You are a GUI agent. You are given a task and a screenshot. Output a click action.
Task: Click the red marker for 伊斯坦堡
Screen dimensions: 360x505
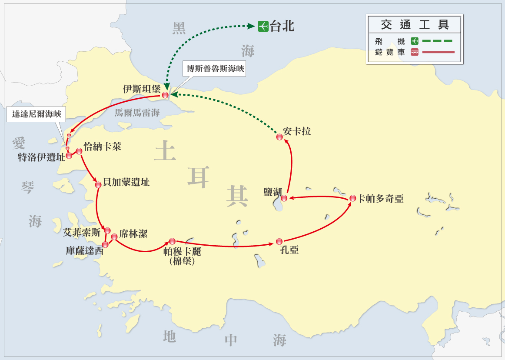165,95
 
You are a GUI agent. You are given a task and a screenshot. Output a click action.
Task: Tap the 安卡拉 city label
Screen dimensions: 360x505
297,131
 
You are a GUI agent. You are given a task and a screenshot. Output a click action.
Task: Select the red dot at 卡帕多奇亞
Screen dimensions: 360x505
353,198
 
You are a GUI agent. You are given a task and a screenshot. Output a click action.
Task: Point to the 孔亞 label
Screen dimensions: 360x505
290,250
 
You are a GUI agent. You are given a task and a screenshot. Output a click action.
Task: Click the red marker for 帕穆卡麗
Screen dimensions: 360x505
172,241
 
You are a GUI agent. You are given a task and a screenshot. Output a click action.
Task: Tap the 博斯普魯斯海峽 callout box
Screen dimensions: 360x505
215,69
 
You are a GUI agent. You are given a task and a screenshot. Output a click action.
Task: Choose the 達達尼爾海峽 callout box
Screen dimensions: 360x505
37,114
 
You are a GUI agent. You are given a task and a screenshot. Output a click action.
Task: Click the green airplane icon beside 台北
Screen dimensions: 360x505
262,27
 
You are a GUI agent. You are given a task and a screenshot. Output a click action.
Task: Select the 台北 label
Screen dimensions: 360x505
282,26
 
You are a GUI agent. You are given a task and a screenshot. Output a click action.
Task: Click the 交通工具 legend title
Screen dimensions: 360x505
414,24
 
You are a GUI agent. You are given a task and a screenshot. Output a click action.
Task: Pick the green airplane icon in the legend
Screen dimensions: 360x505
414,41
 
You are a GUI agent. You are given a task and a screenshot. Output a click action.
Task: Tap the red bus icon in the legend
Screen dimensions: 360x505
414,52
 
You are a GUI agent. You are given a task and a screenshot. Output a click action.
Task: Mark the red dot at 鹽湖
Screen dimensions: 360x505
284,198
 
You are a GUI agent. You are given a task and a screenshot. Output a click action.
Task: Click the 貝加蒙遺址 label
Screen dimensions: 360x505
126,182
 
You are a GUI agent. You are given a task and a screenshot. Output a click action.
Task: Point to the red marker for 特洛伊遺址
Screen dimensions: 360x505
69,156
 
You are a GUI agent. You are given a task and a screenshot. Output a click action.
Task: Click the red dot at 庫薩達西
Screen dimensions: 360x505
105,244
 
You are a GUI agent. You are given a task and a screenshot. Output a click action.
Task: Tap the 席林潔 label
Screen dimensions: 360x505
133,234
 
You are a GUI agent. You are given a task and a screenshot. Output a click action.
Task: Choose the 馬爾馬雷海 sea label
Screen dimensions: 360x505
137,113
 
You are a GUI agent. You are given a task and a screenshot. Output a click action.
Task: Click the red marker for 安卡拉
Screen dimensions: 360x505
279,137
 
